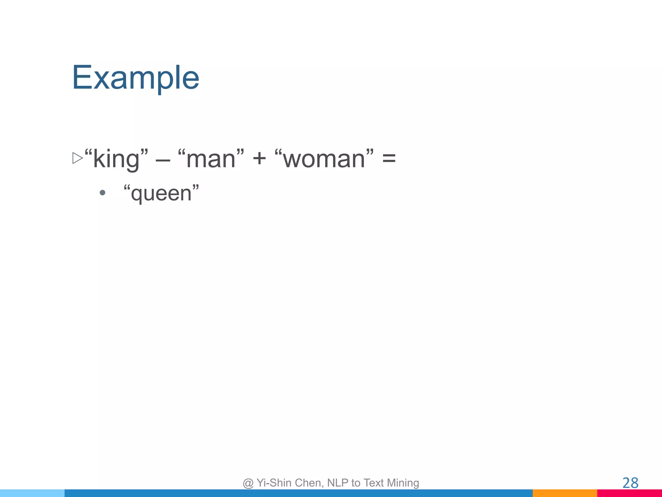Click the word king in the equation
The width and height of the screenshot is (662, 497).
[116, 159]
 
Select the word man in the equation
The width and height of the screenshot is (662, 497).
[211, 159]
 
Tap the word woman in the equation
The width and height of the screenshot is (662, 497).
[324, 159]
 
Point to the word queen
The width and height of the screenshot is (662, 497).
[161, 193]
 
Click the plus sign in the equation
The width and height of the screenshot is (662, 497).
[259, 159]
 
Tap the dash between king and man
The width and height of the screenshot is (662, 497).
[163, 160]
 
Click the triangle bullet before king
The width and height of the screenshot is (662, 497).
[78, 158]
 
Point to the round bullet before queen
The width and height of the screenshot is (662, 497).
[102, 193]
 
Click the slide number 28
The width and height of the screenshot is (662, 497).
[630, 483]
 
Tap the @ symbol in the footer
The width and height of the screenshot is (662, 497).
[248, 483]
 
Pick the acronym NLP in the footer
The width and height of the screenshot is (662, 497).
[338, 483]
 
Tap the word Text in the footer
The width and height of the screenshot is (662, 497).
[374, 483]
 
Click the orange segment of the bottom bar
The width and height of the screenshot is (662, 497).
[565, 493]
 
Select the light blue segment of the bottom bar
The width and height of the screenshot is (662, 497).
[32, 493]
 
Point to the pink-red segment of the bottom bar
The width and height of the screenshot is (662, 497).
[629, 493]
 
